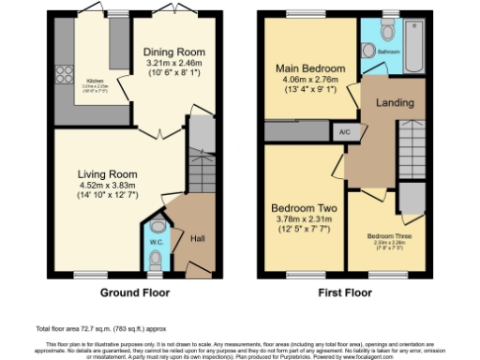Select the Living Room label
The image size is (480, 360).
coord(108,173)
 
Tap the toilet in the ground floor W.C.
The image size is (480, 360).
coord(156,229)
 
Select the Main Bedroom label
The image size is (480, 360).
coord(310,68)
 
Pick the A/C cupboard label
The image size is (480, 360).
coord(344,132)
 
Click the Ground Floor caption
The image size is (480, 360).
coord(134,292)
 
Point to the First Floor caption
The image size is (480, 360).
coord(345,292)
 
